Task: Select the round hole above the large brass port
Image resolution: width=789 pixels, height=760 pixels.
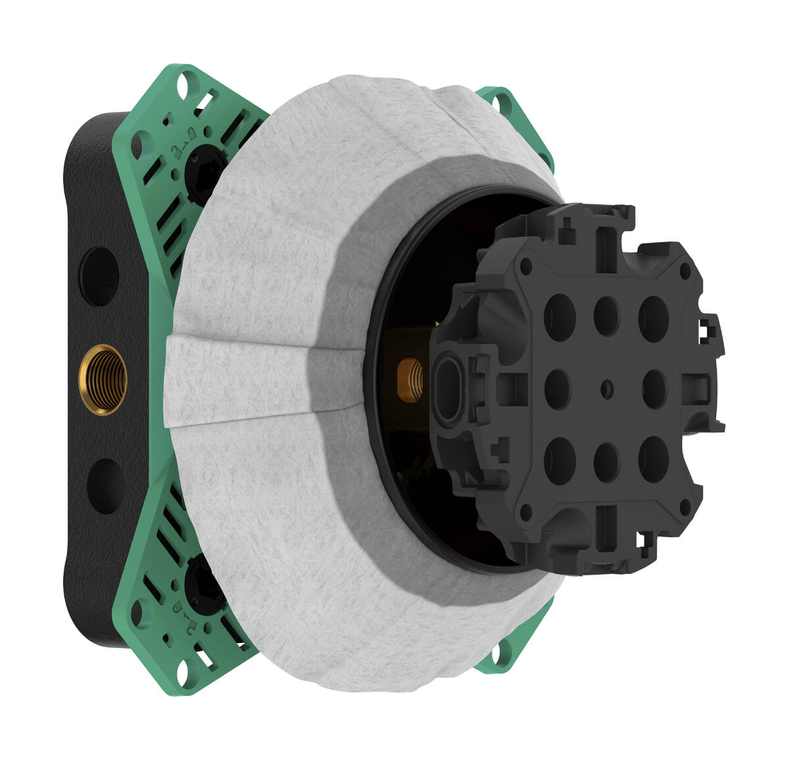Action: point(101,276)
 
